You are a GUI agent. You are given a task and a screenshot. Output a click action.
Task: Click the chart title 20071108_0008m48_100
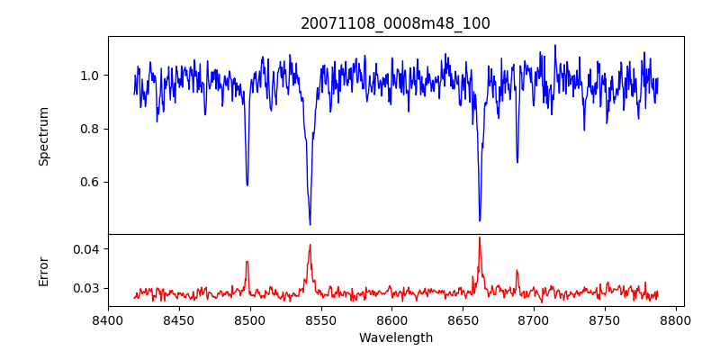point(395,23)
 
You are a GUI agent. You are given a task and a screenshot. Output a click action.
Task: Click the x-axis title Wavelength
point(395,337)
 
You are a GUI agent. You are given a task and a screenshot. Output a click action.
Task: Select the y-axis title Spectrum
point(43,136)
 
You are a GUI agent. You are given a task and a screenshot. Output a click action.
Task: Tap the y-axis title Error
point(43,270)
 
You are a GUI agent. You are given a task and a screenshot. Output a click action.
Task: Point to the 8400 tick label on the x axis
point(108,319)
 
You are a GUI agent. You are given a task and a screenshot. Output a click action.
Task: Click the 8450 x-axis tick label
point(179,319)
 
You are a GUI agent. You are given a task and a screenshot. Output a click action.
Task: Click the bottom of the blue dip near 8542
point(310,224)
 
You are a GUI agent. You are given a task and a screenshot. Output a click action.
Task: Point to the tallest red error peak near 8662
point(480,238)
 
